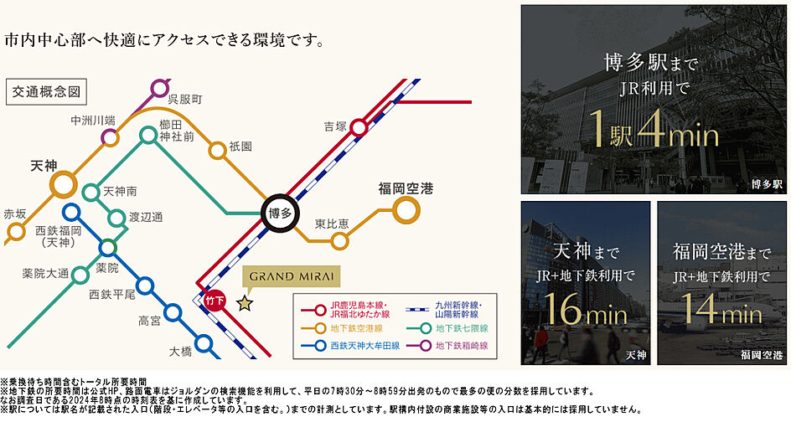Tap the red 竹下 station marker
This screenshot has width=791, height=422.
[x=215, y=300]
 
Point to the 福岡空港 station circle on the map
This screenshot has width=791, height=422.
[x=406, y=211]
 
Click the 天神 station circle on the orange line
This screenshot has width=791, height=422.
[x=64, y=184]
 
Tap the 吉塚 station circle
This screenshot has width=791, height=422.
[x=359, y=127]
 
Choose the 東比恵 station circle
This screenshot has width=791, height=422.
[x=339, y=241]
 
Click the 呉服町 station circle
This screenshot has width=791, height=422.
[x=160, y=86]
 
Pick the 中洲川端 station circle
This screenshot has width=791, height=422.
[x=108, y=136]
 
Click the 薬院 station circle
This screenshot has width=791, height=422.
[x=107, y=247]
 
